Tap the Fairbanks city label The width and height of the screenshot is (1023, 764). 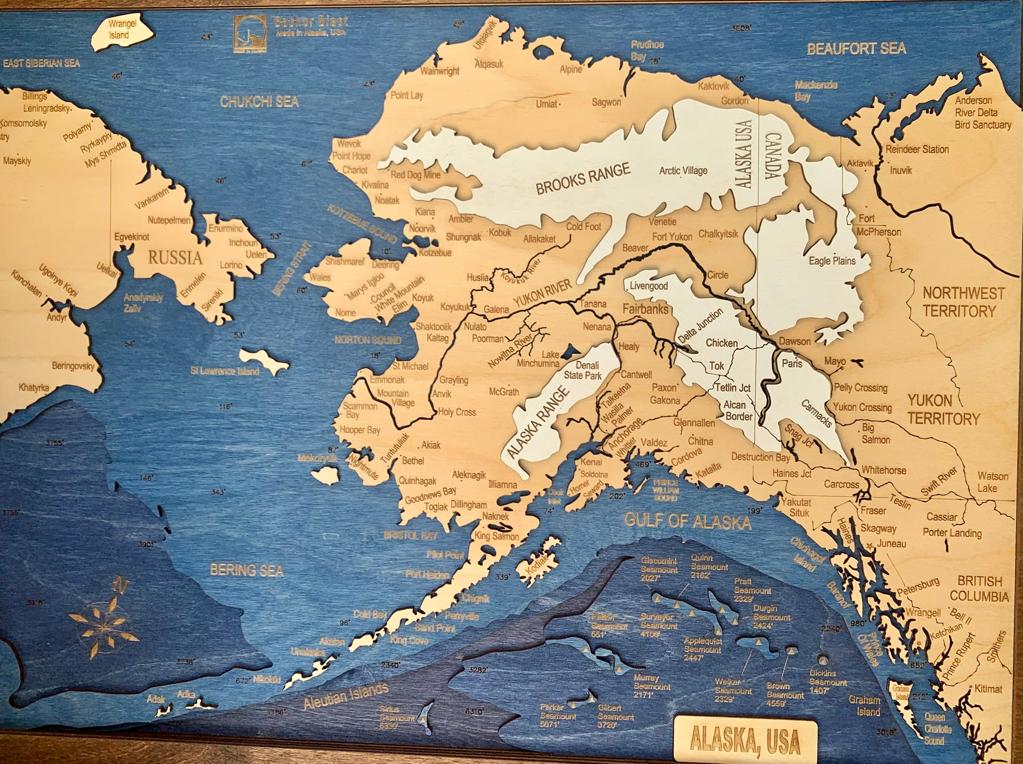tap(645, 309)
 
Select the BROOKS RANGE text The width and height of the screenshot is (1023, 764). tap(583, 179)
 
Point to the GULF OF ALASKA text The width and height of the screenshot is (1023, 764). tap(687, 521)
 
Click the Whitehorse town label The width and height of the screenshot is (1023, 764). tap(883, 470)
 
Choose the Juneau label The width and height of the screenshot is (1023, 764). tap(891, 544)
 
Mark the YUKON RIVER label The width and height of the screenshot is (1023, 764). tap(543, 294)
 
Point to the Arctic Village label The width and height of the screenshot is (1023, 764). tap(683, 170)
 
